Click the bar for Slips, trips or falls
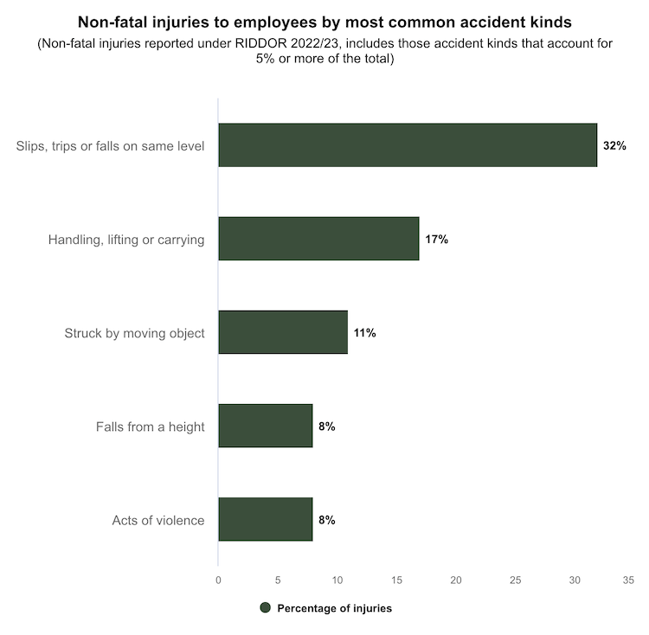(x=407, y=145)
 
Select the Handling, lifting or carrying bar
(x=318, y=239)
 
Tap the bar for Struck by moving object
(x=282, y=332)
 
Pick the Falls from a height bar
(x=265, y=426)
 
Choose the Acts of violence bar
(x=265, y=519)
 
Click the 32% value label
(x=614, y=146)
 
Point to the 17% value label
(x=436, y=240)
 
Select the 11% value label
(x=364, y=333)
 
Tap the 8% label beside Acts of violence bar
(x=326, y=520)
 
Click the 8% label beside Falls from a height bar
(x=326, y=427)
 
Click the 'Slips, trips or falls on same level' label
(x=110, y=146)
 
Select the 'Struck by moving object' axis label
(x=134, y=333)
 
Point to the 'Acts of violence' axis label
(x=158, y=520)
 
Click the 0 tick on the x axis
(x=218, y=580)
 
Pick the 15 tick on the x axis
(x=395, y=580)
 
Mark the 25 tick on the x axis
(x=514, y=580)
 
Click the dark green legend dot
(x=266, y=608)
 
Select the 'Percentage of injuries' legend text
(x=334, y=608)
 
